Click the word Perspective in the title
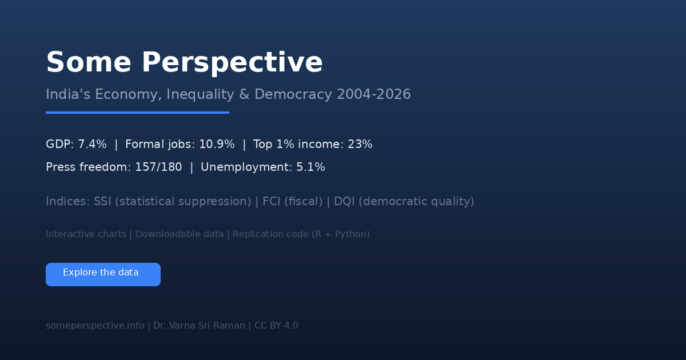tap(232, 63)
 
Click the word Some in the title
tap(89, 62)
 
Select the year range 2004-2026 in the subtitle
tap(374, 94)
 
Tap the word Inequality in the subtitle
tap(200, 95)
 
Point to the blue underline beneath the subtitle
tap(138, 113)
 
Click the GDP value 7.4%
tap(92, 144)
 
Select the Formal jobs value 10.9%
tap(217, 144)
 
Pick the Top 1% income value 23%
tap(360, 144)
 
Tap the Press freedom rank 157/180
tap(158, 167)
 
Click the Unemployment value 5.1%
tap(310, 167)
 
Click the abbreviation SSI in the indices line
tap(102, 201)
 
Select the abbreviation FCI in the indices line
tap(272, 201)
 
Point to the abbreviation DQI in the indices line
tap(344, 201)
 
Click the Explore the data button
tap(103, 275)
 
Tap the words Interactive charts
tap(86, 234)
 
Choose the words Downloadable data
tap(180, 234)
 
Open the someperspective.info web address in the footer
tap(95, 325)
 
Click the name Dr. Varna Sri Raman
tap(199, 325)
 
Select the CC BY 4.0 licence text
tap(276, 325)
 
